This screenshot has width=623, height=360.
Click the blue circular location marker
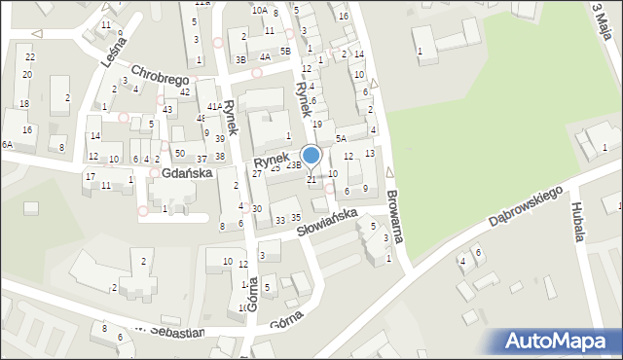tap(311, 156)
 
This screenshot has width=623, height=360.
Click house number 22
tap(30, 57)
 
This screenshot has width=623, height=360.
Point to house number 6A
tap(7, 144)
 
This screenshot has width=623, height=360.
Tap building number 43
tap(168, 109)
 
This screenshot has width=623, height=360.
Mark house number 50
tap(179, 154)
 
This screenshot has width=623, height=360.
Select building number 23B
tap(293, 165)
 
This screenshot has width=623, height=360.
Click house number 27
tap(257, 174)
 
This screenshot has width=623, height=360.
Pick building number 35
tap(296, 216)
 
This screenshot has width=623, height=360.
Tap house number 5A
tap(341, 139)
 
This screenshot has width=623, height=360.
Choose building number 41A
tap(213, 107)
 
